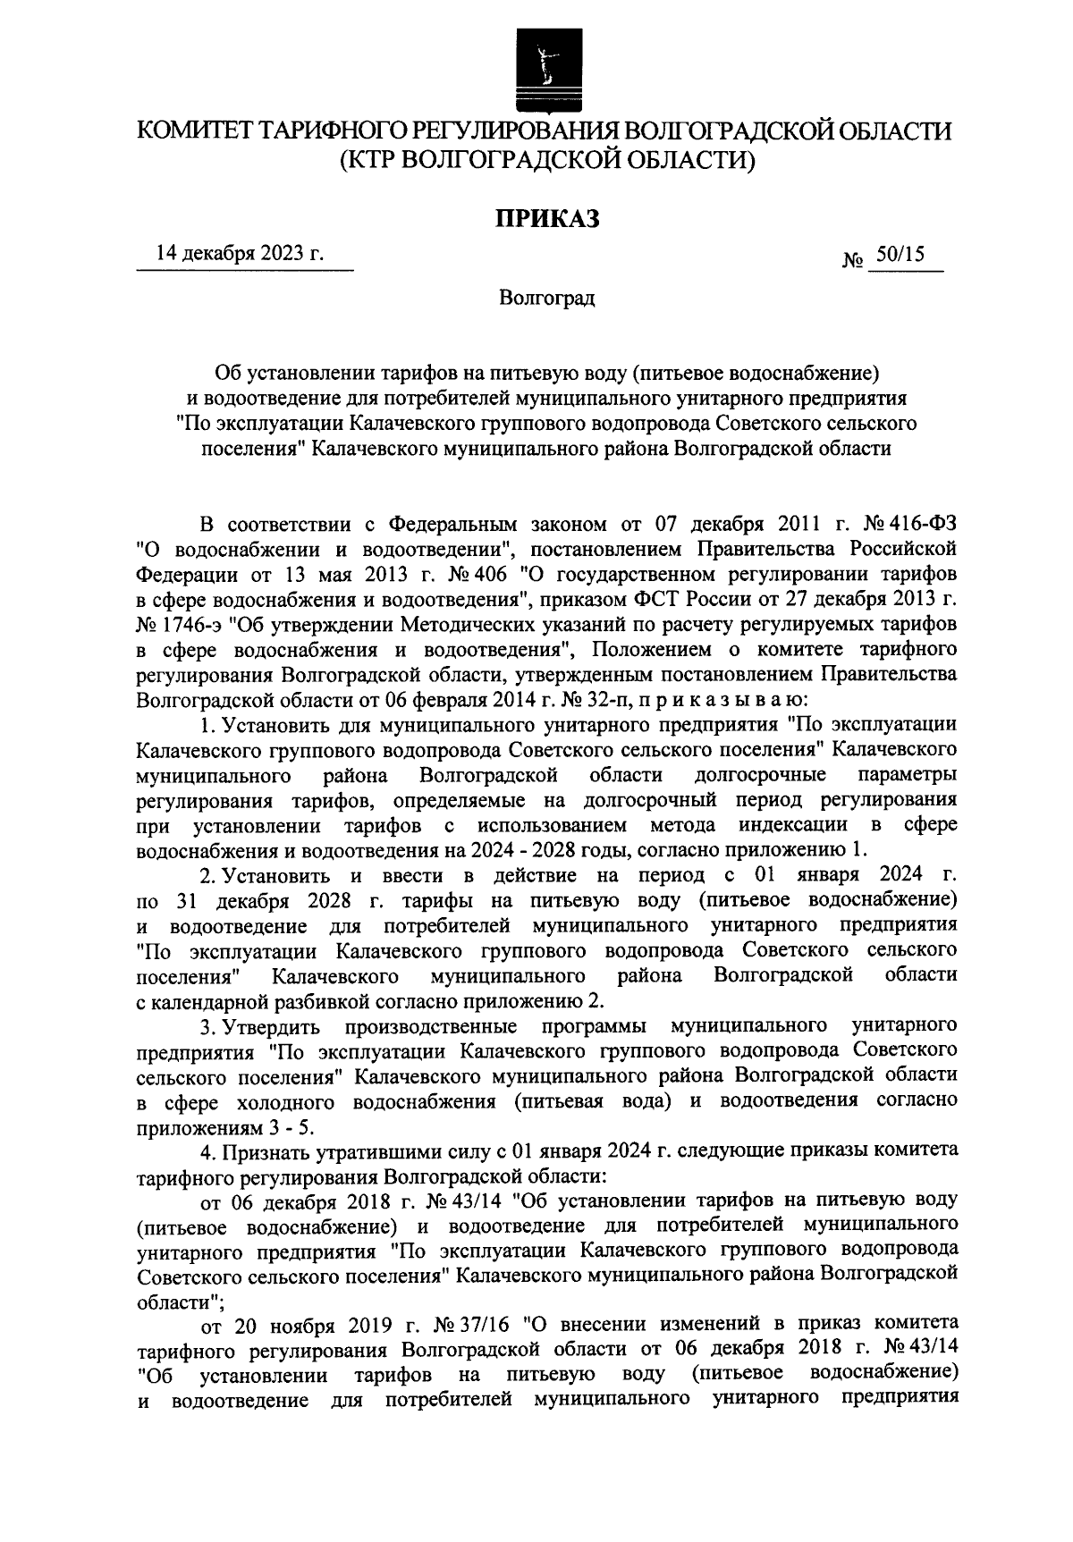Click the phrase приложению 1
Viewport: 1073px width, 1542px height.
point(799,847)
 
